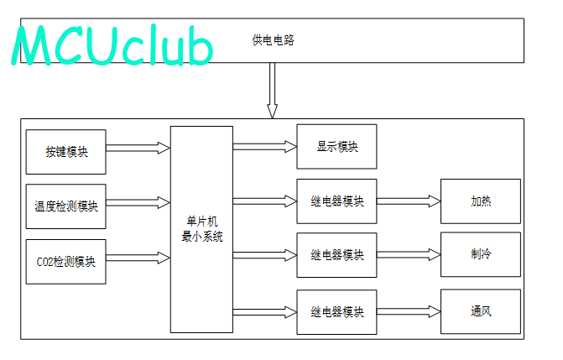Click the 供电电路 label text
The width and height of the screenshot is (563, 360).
point(274,40)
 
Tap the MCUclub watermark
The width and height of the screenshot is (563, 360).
point(112,45)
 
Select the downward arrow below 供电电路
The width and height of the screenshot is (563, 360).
point(272,91)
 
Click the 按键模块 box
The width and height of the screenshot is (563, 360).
point(66,152)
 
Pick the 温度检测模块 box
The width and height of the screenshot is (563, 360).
point(66,206)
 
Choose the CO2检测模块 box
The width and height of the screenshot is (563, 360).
point(66,262)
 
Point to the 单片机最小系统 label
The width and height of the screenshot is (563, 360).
point(202,229)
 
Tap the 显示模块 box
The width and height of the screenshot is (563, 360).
point(336,147)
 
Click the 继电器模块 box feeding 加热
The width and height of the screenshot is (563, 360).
point(336,201)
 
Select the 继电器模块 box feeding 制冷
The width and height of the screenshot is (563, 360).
point(336,255)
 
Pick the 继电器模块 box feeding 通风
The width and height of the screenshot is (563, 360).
point(336,312)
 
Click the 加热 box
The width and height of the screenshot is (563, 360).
point(481,201)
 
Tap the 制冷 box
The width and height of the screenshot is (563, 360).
point(481,254)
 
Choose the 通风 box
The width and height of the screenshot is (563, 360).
point(481,311)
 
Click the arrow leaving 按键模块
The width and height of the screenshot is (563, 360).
point(138,148)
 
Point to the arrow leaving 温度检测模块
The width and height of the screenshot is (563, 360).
point(138,202)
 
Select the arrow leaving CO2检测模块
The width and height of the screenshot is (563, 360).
point(138,258)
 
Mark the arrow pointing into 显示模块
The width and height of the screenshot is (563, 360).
point(265,147)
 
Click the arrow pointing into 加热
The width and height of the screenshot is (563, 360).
point(409,201)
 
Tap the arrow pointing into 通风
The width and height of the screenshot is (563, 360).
point(409,311)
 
